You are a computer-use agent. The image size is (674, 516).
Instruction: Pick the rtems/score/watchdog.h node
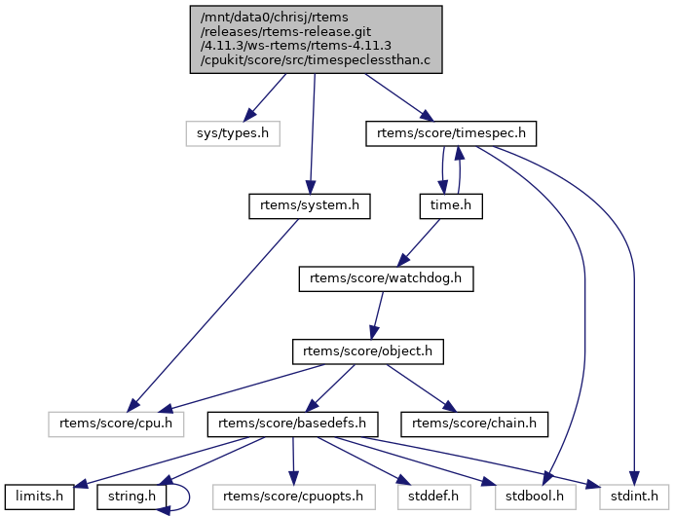[x=386, y=278]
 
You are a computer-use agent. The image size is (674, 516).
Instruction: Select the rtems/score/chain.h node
[x=474, y=424]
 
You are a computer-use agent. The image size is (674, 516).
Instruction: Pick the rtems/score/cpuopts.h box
[x=293, y=496]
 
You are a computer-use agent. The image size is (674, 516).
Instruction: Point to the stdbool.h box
[x=535, y=496]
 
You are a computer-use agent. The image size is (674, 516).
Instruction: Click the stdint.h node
[x=629, y=496]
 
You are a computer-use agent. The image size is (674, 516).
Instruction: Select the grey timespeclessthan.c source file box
[x=315, y=39]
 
